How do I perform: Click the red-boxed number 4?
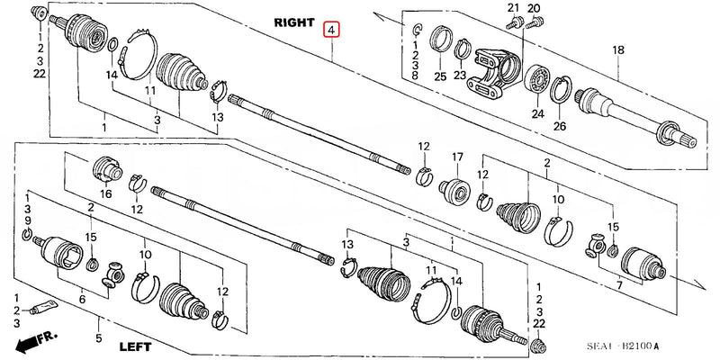click(x=333, y=31)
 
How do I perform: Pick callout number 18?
click(x=617, y=50)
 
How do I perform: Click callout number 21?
click(x=514, y=9)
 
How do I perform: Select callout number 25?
click(x=439, y=76)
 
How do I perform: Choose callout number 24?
click(x=537, y=113)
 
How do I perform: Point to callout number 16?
click(x=106, y=193)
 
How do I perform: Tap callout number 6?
click(x=83, y=299)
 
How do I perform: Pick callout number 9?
click(x=28, y=220)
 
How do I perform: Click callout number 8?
click(x=414, y=77)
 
